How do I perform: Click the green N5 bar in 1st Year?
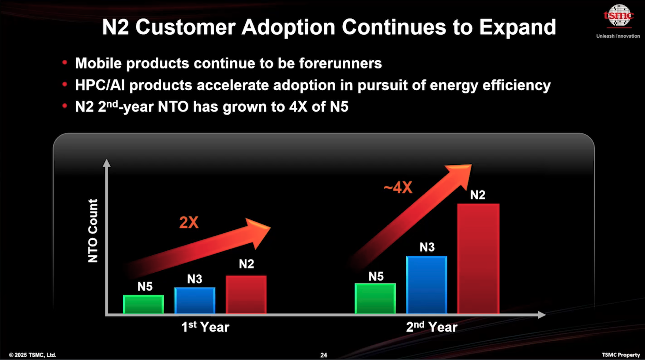143,304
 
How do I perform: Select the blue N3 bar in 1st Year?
195,300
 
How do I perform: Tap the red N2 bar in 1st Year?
246,294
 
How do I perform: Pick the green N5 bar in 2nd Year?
375,298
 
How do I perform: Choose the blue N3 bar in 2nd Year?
427,285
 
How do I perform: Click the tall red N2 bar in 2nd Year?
478,258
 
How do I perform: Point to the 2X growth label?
189,223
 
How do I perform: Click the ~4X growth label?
398,188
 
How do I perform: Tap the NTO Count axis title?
93,231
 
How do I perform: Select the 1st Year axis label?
205,327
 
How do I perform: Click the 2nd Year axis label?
431,327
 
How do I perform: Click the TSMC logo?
619,16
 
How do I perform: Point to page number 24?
324,355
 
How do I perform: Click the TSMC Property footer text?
621,355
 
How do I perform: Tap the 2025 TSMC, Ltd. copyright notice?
33,355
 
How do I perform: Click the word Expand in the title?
518,27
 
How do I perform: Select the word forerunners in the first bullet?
340,63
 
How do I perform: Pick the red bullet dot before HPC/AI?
65,84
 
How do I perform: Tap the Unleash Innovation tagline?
618,36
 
